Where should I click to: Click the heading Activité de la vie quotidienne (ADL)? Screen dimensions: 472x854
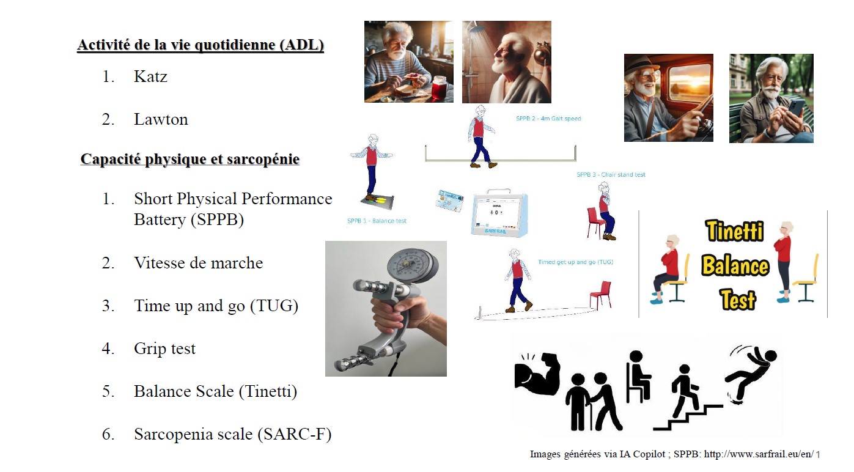click(x=200, y=46)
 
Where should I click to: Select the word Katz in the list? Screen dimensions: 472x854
click(x=150, y=77)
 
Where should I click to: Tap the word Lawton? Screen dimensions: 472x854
click(x=161, y=120)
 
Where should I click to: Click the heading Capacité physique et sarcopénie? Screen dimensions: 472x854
click(x=190, y=160)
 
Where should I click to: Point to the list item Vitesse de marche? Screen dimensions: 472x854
click(x=198, y=264)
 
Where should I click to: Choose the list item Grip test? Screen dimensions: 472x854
click(x=164, y=349)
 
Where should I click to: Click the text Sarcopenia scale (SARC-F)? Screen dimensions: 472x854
click(x=232, y=435)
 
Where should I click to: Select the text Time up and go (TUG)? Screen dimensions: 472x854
click(x=216, y=306)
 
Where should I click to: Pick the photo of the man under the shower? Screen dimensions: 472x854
click(x=506, y=62)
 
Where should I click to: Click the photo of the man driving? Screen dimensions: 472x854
click(x=668, y=98)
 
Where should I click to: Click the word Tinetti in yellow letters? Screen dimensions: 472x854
click(x=734, y=231)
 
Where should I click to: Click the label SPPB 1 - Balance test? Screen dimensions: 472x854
click(x=377, y=221)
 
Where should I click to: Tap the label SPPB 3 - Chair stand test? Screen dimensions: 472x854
click(x=610, y=175)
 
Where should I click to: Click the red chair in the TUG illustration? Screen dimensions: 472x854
click(x=600, y=294)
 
